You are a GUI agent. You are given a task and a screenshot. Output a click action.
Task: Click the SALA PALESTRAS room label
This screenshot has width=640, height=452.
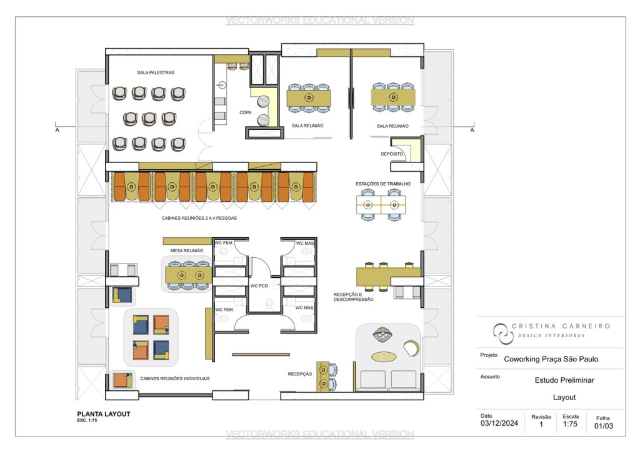(156, 72)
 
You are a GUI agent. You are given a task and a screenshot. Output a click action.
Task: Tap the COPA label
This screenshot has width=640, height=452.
(245, 112)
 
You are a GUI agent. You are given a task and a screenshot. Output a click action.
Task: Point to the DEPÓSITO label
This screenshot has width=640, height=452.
(392, 154)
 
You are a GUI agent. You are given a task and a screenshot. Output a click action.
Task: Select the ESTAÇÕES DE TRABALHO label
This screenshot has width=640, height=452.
(383, 184)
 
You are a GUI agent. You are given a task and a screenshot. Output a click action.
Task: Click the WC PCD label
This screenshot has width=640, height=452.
(259, 286)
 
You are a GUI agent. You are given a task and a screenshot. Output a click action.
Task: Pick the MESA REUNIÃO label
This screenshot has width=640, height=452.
(186, 250)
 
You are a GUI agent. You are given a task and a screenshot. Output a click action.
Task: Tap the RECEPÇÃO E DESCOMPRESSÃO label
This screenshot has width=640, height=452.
(354, 297)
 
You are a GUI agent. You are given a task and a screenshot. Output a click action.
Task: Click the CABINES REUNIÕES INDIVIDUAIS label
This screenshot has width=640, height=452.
(175, 378)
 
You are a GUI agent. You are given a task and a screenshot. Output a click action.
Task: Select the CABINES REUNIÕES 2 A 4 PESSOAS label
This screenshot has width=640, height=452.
(199, 218)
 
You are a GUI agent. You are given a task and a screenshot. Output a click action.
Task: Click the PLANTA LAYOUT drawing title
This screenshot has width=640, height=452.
(104, 414)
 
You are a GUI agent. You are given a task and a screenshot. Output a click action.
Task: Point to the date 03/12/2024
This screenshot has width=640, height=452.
(499, 423)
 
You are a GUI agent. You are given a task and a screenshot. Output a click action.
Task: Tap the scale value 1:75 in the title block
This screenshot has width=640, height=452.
(570, 424)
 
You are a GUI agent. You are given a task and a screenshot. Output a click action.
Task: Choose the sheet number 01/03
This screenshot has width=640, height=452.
(604, 426)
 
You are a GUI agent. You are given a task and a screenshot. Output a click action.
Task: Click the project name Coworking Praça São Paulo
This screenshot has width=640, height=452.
(551, 359)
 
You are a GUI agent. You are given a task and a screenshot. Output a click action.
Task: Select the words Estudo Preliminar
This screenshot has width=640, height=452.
(564, 380)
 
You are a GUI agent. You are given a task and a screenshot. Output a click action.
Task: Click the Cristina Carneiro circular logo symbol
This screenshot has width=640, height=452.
(502, 333)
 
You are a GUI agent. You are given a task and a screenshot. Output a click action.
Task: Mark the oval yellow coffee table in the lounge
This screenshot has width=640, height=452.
(384, 357)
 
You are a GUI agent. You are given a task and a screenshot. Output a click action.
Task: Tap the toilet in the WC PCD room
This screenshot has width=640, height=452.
(269, 303)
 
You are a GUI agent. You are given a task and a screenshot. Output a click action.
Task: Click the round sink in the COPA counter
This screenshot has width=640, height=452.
(222, 85)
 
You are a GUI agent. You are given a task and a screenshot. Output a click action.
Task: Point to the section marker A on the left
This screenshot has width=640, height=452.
(57, 130)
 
